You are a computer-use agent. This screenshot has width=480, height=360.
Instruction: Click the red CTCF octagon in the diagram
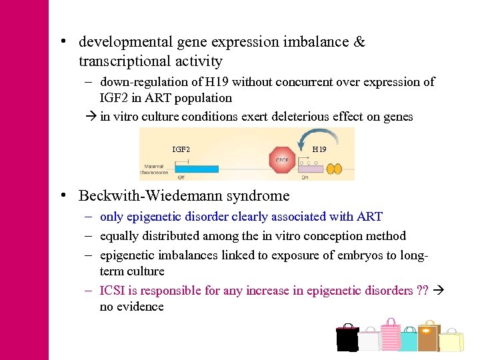282,159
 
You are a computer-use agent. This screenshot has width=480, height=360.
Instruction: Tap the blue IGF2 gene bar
197,169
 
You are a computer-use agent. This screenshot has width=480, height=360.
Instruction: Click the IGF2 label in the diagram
181,149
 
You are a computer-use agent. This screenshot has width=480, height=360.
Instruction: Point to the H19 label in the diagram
319,149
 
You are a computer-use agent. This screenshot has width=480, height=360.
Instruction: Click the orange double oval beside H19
334,169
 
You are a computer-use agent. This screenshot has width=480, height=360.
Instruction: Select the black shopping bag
347,338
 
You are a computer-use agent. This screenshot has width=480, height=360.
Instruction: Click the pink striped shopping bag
390,333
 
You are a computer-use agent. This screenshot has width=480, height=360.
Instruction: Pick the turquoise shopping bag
408,339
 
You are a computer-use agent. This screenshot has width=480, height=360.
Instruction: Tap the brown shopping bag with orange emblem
428,337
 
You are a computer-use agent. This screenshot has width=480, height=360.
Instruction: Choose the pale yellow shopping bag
451,340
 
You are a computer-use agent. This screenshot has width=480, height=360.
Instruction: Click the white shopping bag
369,340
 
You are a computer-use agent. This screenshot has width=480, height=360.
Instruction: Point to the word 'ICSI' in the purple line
113,290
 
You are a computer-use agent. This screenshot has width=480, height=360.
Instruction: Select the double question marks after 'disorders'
422,290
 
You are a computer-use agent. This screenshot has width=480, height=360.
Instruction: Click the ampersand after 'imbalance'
359,42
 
